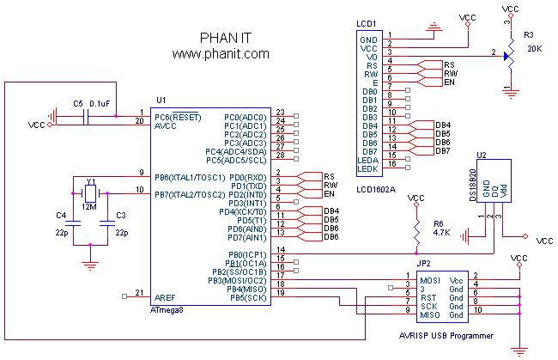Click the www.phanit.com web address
click(221, 53)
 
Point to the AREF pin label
click(165, 296)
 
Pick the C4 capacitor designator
click(60, 215)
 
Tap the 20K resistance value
click(534, 49)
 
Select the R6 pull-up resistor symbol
click(416, 229)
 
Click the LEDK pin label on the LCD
click(368, 170)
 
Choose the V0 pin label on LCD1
click(372, 56)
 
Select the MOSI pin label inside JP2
click(430, 281)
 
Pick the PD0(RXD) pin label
click(249, 177)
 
